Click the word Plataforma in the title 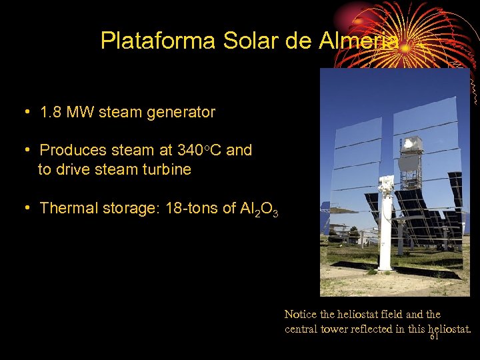pyautogui.click(x=157, y=41)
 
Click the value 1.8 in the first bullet pyautogui.click(x=51, y=113)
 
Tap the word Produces pyautogui.click(x=73, y=151)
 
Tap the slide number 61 pyautogui.click(x=434, y=337)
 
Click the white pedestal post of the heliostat pyautogui.click(x=386, y=233)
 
